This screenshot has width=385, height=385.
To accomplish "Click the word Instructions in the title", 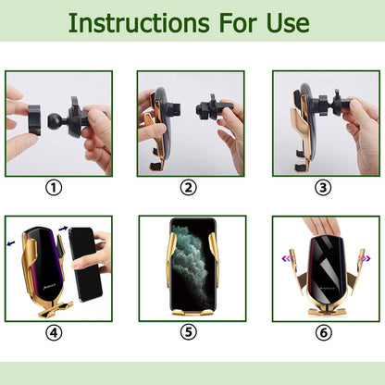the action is [x=139, y=23].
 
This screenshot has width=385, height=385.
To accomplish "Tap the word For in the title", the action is [x=238, y=23].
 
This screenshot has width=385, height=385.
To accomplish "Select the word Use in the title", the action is [x=288, y=23].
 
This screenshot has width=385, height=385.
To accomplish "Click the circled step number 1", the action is [x=54, y=187].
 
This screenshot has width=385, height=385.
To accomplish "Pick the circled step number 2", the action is [x=189, y=187].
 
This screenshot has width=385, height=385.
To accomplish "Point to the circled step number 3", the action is [x=323, y=187].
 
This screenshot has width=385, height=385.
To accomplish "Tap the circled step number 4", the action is [x=54, y=332].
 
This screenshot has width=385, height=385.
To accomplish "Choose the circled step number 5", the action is [x=189, y=332].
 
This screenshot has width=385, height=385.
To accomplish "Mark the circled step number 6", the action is [x=323, y=332].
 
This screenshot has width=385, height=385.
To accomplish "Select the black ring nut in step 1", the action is [x=34, y=120].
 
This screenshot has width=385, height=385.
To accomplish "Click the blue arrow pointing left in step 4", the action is [x=11, y=243].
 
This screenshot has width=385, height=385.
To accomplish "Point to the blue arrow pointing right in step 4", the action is [x=63, y=229].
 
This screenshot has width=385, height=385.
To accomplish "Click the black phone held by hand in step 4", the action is [x=85, y=265].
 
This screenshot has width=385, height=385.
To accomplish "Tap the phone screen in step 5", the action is [x=192, y=265].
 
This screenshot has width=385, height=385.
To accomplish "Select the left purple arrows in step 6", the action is [x=287, y=258].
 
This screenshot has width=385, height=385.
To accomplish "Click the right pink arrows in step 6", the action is [x=364, y=258].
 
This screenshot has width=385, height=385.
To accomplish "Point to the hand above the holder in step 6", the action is [x=321, y=227].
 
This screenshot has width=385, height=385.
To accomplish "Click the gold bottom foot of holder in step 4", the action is [x=56, y=309].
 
